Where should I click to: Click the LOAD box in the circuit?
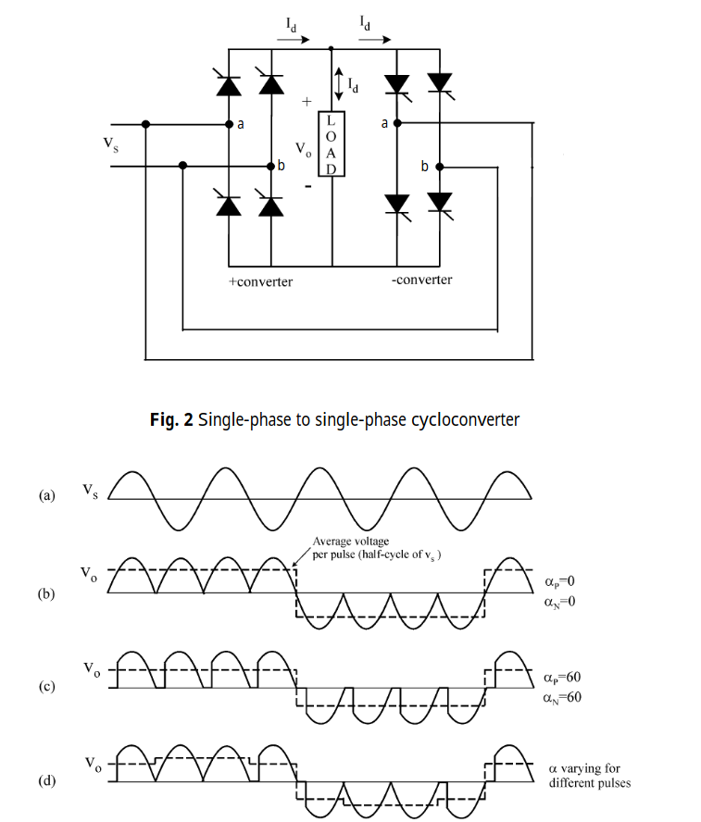point(332,143)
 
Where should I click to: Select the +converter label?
point(260,282)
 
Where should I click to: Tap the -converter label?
point(421,280)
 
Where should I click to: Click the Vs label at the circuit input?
point(110,144)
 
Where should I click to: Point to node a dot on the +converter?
point(229,124)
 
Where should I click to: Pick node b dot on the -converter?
point(440,167)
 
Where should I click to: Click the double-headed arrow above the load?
point(339,84)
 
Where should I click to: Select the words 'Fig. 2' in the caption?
point(171,419)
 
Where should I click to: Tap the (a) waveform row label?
point(46,495)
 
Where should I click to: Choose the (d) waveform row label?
point(46,780)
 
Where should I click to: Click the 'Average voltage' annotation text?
point(351,541)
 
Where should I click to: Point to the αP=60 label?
point(562,678)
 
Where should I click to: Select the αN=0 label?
point(559,602)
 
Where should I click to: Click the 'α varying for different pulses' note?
point(590,776)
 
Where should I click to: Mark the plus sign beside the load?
point(307,102)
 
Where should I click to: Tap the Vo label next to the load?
point(304,149)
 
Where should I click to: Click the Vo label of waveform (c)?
point(92,669)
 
